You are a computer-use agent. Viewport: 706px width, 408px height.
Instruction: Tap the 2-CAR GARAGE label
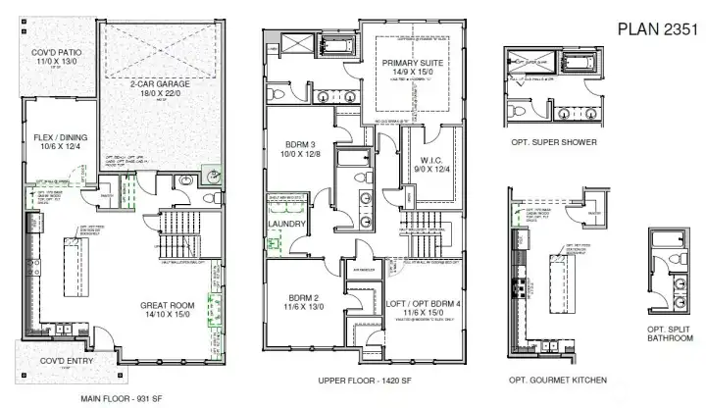click(160, 84)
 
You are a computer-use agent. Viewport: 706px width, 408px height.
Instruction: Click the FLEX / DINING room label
click(54, 139)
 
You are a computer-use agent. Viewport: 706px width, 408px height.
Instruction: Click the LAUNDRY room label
click(287, 224)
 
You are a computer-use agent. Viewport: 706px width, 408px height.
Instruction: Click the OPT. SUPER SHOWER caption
click(548, 142)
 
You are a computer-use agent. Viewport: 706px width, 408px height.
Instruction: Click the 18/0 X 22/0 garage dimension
click(160, 93)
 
